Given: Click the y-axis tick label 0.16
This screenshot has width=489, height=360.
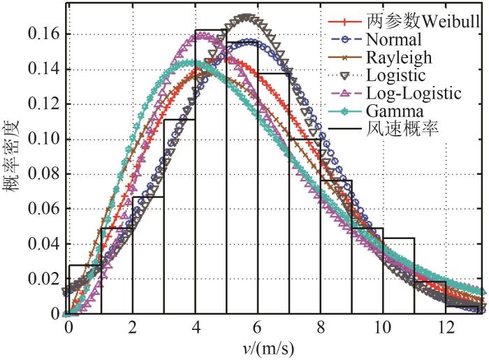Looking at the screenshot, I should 43,34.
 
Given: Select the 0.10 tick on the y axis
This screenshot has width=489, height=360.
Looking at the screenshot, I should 43,139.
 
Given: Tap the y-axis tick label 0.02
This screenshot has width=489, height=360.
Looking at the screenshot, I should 43,279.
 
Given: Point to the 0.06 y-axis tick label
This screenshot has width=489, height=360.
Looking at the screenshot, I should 43,209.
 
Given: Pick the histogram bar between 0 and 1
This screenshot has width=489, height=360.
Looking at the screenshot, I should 84,289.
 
